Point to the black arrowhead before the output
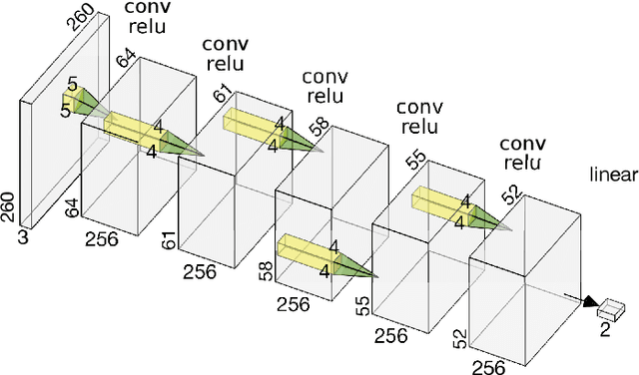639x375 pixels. pos(589,301)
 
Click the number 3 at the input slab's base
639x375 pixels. pos(23,238)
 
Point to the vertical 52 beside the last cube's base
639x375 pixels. pos(460,339)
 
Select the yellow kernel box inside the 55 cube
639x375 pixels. pos(440,200)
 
